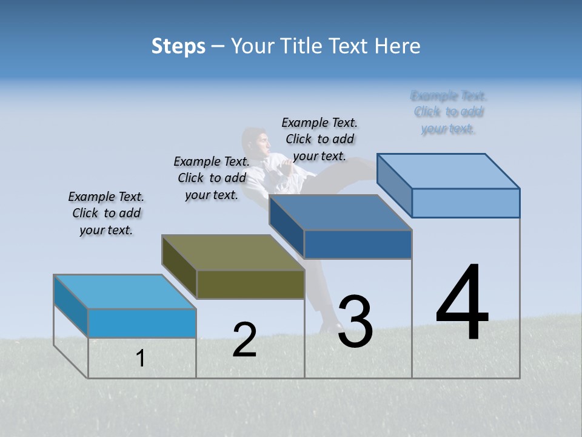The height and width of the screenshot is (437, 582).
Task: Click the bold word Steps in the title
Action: (178, 46)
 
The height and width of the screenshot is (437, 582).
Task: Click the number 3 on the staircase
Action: (355, 322)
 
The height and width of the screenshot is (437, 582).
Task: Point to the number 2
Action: (244, 340)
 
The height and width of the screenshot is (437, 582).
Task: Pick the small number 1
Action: (141, 359)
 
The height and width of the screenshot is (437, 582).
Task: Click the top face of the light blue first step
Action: (124, 291)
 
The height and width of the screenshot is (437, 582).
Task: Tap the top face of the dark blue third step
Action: (340, 212)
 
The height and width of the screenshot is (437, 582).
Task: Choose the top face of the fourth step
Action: (448, 171)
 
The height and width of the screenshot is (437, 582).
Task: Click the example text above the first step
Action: (106, 213)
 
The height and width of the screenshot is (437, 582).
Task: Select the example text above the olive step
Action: (212, 178)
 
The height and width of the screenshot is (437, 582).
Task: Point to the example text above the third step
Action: (319, 139)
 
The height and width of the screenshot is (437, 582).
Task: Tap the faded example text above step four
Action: (449, 112)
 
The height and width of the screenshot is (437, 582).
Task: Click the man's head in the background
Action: (257, 143)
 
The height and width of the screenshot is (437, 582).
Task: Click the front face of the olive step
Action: (250, 284)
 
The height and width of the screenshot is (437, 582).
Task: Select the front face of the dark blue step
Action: (358, 245)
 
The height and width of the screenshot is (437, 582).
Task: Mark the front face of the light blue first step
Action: (142, 323)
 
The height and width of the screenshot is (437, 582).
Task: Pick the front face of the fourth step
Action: (466, 203)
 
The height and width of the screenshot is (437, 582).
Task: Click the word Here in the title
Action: (400, 46)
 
